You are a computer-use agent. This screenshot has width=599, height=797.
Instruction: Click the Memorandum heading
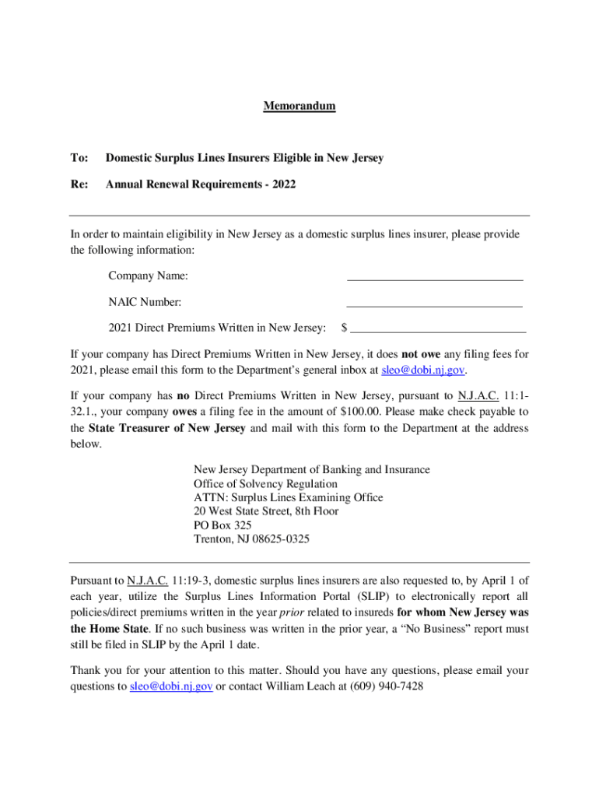click(x=299, y=106)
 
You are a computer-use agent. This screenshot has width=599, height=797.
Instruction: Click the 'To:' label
click(x=79, y=158)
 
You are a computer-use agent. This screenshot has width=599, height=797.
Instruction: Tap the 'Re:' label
click(x=79, y=185)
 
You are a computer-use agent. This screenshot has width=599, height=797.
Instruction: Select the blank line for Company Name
click(x=434, y=277)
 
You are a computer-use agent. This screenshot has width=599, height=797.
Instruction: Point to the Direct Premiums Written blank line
click(x=439, y=331)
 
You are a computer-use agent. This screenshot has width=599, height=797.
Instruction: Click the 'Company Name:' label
click(x=148, y=276)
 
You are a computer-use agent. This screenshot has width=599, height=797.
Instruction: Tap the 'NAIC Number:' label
click(x=145, y=302)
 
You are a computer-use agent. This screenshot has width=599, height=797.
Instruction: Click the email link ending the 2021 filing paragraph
click(x=422, y=370)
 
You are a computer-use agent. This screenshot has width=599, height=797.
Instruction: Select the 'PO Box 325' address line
click(x=222, y=525)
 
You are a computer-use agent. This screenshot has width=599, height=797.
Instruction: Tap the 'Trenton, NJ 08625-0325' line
click(x=251, y=539)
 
